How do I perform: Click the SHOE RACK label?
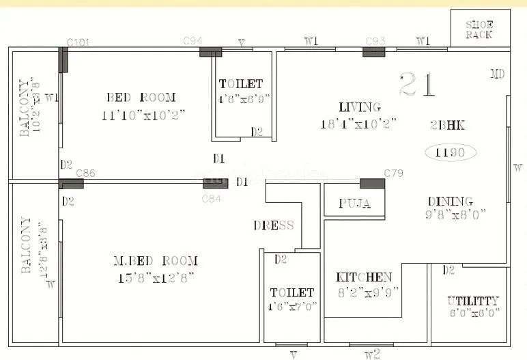[x=480, y=29]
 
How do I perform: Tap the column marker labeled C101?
[x=63, y=60]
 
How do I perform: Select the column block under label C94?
[x=210, y=52]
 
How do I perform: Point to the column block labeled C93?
[x=374, y=51]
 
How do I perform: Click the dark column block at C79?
[x=372, y=183]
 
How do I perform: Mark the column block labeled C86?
[x=71, y=184]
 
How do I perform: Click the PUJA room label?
[x=355, y=204]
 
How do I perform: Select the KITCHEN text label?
[x=364, y=277]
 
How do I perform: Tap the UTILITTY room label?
[x=473, y=301]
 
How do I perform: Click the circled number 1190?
[x=451, y=152]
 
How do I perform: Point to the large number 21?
[x=417, y=85]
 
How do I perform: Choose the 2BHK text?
[x=448, y=125]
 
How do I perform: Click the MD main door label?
[x=498, y=74]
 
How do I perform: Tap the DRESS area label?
[x=274, y=225]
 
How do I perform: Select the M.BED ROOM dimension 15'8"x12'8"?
[x=156, y=277]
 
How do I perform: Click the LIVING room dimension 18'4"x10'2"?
[x=358, y=124]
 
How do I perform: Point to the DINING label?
[x=451, y=201]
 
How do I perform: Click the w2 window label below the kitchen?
[x=371, y=354]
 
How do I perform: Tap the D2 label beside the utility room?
[x=448, y=271]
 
